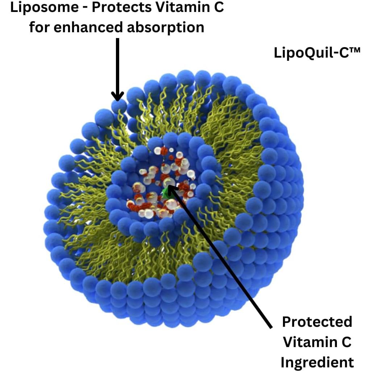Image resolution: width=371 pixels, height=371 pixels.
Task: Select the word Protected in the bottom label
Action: click(x=317, y=322)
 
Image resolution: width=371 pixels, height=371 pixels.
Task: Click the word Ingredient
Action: click(x=317, y=362)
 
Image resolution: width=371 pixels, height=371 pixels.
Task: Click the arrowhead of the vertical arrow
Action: click(x=117, y=96)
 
